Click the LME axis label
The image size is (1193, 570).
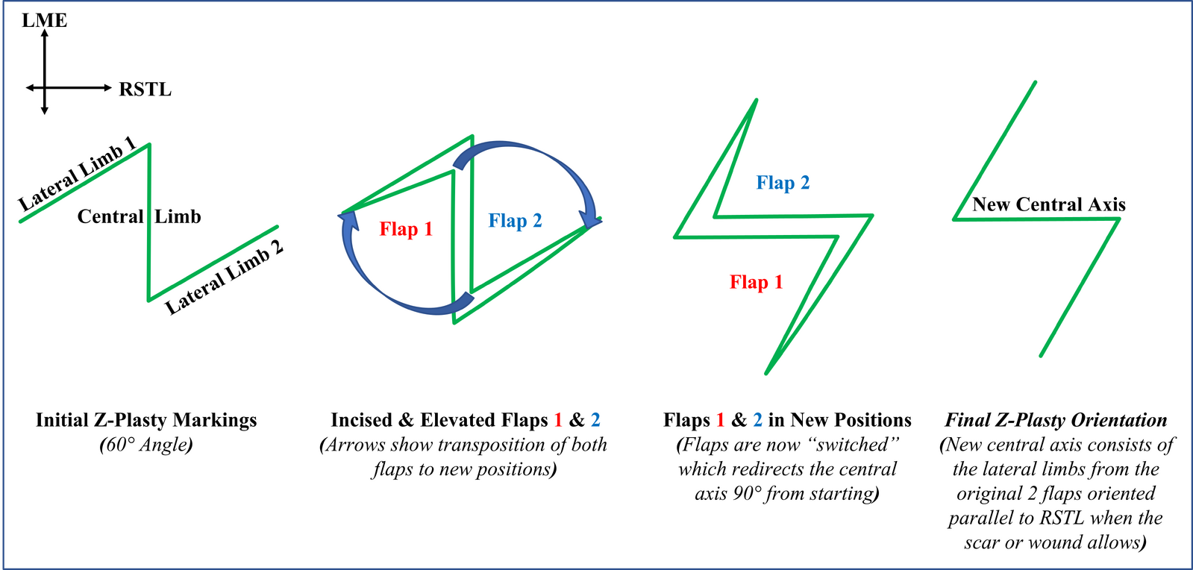[x=45, y=20]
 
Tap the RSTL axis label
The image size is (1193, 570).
[x=145, y=89]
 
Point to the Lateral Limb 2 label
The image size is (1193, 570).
[x=225, y=277]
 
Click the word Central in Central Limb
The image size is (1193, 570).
[x=110, y=216]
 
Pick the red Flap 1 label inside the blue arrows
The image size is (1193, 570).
[x=406, y=229]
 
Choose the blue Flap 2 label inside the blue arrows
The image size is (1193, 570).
[x=515, y=221]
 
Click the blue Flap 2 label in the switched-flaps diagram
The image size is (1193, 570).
[x=783, y=183]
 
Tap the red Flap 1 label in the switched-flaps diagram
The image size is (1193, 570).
[x=757, y=282]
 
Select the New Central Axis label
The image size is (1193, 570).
[x=1049, y=204]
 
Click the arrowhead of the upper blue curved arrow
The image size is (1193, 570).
[x=590, y=218]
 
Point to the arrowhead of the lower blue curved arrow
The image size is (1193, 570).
[x=348, y=219]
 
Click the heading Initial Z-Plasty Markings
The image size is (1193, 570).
[x=146, y=420]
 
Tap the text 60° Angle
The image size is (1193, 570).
[x=146, y=444]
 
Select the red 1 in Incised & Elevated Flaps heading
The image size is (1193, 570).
[x=558, y=420]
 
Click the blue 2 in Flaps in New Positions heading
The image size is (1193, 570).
[x=757, y=420]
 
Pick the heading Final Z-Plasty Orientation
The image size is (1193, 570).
[x=1056, y=420]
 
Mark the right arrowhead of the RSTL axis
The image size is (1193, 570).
[x=108, y=87]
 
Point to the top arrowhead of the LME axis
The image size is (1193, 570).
[x=45, y=33]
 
